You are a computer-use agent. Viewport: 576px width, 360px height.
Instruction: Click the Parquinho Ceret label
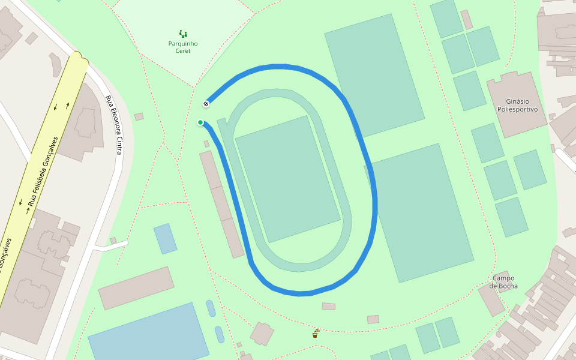coord(182,47)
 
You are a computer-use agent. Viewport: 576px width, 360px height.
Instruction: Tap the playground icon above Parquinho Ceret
coord(182,34)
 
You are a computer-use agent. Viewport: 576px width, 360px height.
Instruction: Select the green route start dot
coord(200,122)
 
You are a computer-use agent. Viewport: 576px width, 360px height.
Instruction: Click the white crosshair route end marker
coord(206,104)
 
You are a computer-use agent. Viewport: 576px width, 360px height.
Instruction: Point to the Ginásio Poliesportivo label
coord(517,106)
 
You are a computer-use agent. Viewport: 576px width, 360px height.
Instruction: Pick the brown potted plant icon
coord(315,334)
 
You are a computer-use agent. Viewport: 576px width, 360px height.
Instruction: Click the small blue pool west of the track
coord(165,238)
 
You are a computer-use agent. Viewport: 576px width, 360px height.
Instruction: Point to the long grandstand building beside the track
coord(221,204)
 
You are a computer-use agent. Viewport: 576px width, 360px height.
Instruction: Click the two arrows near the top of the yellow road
coord(61,107)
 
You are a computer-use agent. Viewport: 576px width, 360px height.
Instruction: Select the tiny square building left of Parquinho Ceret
coord(139,116)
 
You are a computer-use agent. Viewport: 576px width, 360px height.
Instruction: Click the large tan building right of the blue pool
coord(136,288)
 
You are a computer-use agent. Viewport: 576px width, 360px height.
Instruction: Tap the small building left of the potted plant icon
coord(262,334)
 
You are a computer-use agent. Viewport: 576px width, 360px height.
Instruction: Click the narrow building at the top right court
coord(466,19)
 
